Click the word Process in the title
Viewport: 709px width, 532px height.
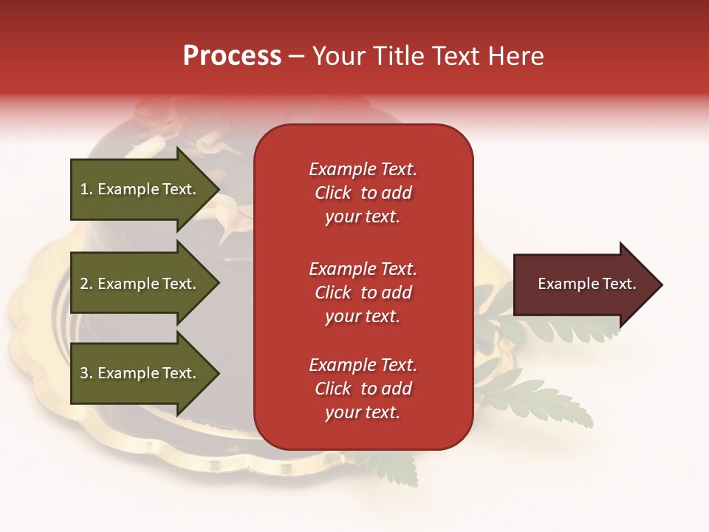tap(232, 56)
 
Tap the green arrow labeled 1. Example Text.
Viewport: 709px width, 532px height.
tap(140, 189)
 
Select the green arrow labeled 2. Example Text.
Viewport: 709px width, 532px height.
tap(140, 284)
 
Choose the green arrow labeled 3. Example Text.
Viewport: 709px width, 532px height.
tap(140, 373)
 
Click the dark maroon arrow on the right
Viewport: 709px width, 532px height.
tap(583, 284)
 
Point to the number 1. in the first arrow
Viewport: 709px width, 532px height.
tap(86, 189)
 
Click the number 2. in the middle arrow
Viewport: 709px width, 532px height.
tap(86, 284)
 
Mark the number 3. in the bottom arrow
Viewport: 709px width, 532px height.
tap(86, 373)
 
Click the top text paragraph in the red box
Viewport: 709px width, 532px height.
tap(363, 193)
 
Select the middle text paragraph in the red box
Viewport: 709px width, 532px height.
tap(363, 293)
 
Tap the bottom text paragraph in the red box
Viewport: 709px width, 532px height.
tap(363, 389)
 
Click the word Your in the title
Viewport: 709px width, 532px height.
tap(339, 56)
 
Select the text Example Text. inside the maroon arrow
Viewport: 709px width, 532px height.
tap(586, 284)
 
